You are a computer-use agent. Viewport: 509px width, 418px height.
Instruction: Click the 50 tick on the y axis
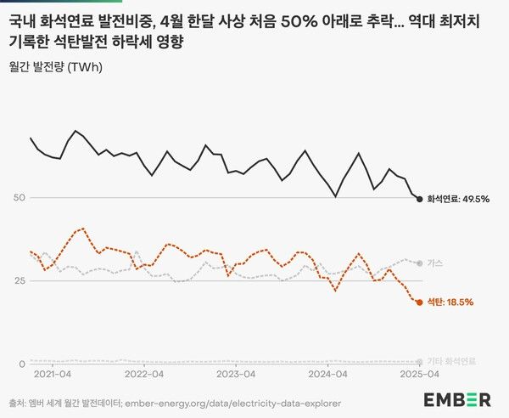point(16,198)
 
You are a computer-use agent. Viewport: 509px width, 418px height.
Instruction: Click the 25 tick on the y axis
point(16,280)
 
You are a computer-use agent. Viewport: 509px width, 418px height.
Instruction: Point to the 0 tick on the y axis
point(13,364)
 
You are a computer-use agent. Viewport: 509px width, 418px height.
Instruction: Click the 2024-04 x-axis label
point(327,374)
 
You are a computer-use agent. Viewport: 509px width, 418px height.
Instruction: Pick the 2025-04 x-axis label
point(419,374)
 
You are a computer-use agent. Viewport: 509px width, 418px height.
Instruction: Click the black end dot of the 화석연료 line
point(419,199)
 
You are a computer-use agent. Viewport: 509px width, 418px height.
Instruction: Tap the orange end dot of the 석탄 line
point(419,302)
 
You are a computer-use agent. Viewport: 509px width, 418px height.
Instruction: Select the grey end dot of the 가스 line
point(419,263)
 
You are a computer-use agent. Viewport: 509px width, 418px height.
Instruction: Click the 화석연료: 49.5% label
point(457,199)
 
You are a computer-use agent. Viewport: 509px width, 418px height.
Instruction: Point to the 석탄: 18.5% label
point(450,302)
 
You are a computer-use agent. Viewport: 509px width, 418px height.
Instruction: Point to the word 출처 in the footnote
point(18,403)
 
